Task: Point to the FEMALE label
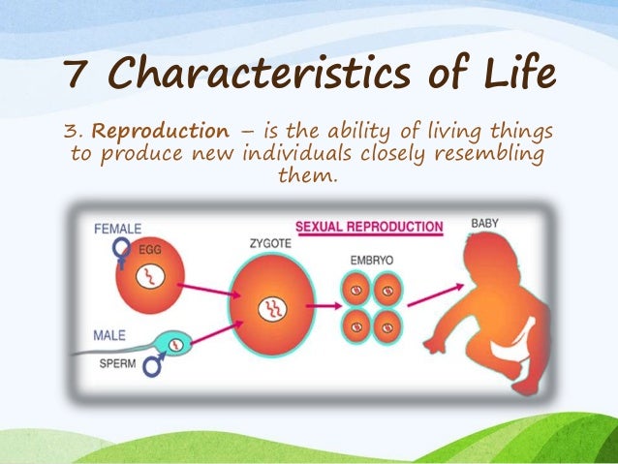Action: point(118,229)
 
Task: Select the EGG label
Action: point(151,250)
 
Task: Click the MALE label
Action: point(109,335)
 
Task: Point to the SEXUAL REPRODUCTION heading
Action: point(368,228)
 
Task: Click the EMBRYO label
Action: point(372,261)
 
